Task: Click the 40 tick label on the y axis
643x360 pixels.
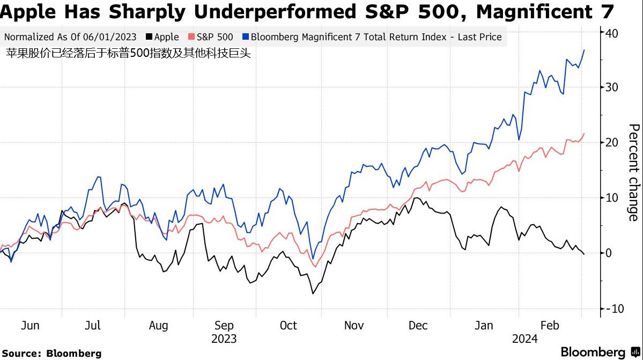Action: click(612, 33)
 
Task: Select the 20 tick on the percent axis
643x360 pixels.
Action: click(612, 143)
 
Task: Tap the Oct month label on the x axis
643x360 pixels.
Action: click(288, 326)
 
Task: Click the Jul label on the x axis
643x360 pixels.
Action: click(93, 326)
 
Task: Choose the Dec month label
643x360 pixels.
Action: click(418, 326)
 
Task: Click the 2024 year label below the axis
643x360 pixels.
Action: click(526, 339)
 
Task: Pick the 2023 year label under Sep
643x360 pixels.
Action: click(224, 339)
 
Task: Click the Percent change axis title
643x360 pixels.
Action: click(633, 172)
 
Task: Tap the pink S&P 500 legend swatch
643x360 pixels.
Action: click(191, 38)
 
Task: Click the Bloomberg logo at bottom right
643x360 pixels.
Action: click(600, 352)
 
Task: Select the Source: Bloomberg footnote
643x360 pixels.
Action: click(51, 353)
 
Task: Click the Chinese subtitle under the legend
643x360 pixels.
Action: click(128, 54)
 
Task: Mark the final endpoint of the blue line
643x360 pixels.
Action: click(584, 50)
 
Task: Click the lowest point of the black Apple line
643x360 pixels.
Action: click(313, 293)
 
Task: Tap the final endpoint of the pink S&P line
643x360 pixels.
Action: click(584, 134)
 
